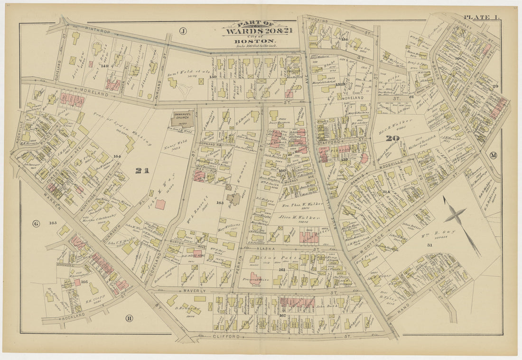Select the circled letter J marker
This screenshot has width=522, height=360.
coord(183,31)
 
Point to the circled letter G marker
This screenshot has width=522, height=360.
coord(36,223)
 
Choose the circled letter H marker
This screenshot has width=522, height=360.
coord(129,318)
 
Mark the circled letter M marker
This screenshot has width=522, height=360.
coord(493,155)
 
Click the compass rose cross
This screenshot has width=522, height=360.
coord(456,216)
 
